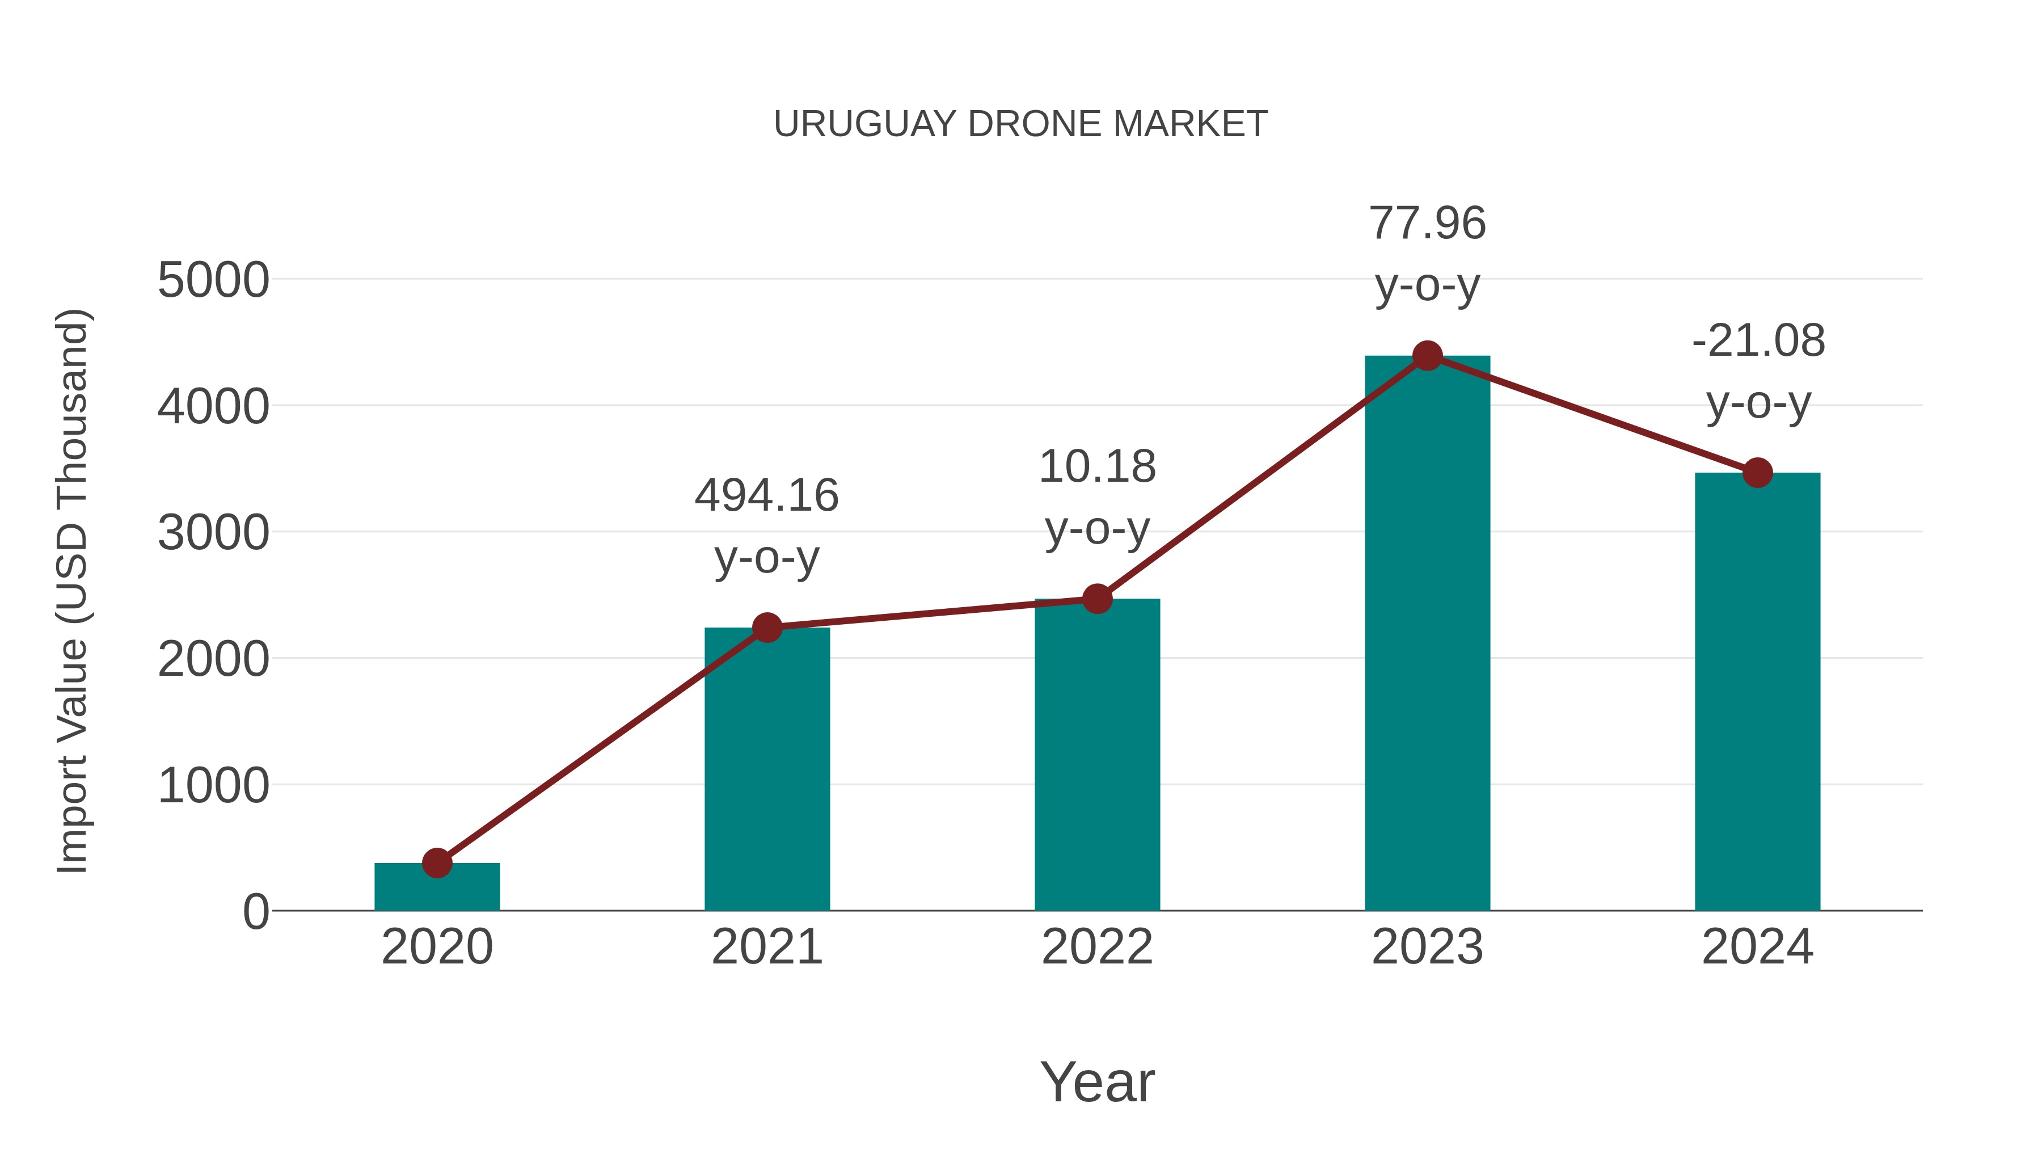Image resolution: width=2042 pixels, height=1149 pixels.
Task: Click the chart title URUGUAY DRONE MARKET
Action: click(1020, 124)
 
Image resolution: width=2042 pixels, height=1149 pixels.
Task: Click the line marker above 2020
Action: click(437, 862)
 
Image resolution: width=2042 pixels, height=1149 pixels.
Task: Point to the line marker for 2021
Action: click(766, 628)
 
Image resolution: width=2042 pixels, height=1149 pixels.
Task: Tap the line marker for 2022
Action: click(1097, 599)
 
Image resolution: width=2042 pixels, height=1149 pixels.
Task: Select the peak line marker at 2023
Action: click(1427, 356)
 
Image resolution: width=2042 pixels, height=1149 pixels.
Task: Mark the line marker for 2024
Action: click(1757, 473)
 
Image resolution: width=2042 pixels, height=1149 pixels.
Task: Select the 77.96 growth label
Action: click(1427, 253)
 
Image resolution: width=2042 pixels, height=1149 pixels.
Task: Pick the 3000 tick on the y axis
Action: click(213, 533)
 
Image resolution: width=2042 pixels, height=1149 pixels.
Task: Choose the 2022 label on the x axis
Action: click(1097, 947)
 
